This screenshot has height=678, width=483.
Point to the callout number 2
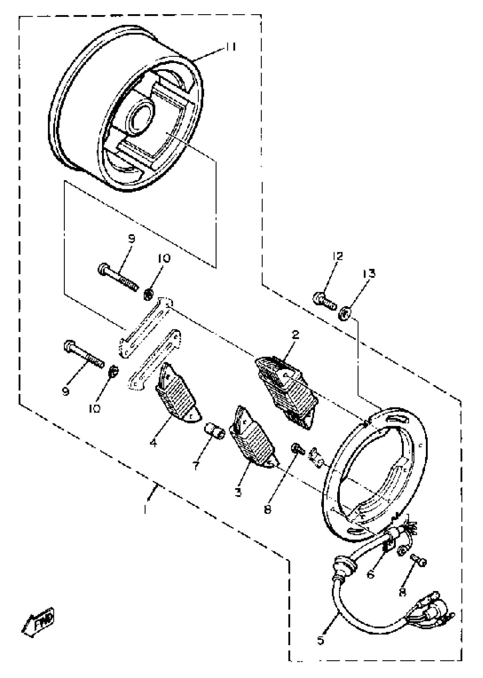(295, 335)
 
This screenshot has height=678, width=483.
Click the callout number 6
(370, 575)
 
